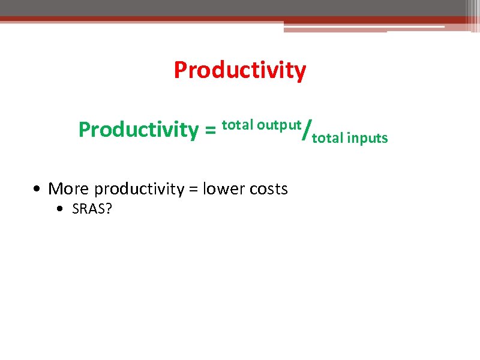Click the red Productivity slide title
pos(239,71)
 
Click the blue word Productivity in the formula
pos(138,130)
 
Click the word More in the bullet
pos(69,189)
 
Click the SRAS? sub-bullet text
pos(92,210)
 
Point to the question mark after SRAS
pos(109,210)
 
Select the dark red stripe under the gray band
pos(180,19)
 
